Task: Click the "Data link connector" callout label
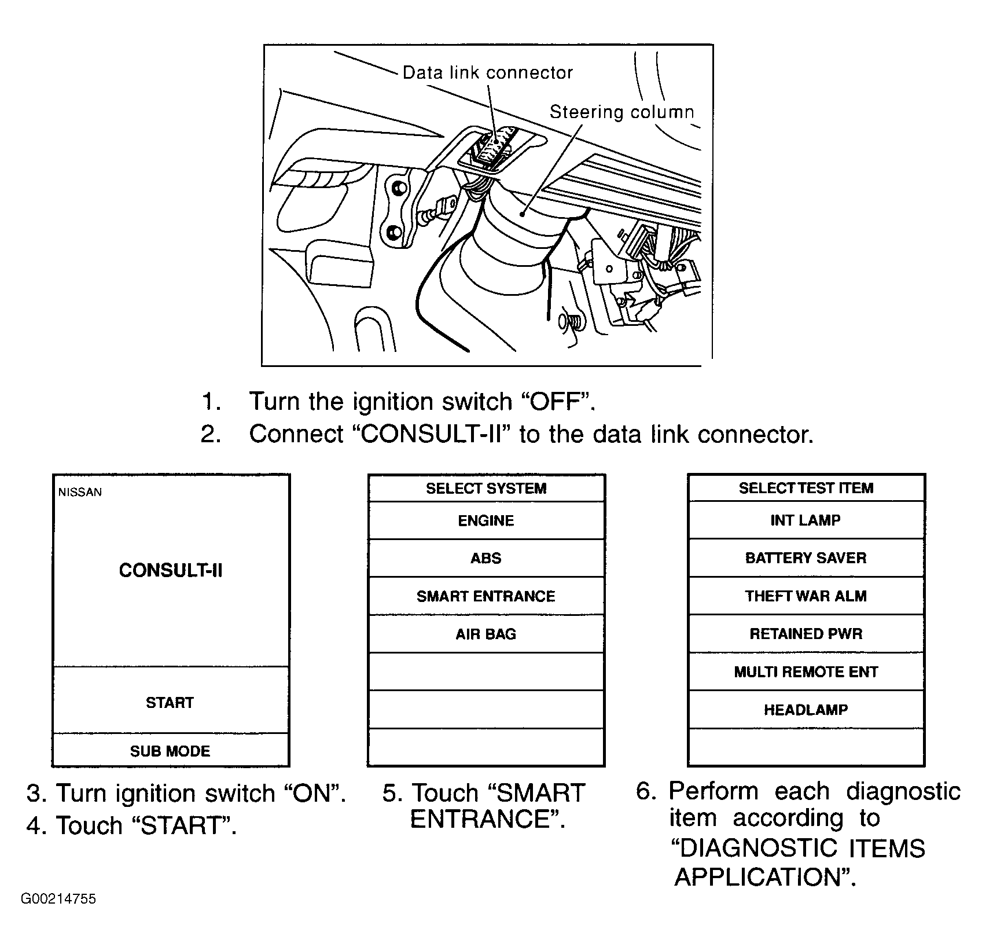[487, 72]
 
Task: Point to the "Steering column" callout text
[621, 112]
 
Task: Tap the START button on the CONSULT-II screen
[170, 702]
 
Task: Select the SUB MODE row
[170, 751]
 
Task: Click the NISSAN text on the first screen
[80, 492]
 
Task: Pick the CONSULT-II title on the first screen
[170, 570]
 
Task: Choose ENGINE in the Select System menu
[486, 520]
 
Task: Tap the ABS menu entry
[486, 558]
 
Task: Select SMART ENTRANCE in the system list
[486, 596]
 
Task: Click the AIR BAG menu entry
[486, 634]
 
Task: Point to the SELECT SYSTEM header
[486, 488]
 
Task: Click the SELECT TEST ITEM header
[806, 488]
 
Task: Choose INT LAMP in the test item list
[806, 520]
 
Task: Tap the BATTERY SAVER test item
[806, 558]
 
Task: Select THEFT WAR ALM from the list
[806, 596]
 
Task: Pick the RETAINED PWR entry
[806, 634]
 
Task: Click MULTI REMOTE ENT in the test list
[806, 671]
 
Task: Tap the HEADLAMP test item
[806, 710]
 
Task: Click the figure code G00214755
[58, 915]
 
